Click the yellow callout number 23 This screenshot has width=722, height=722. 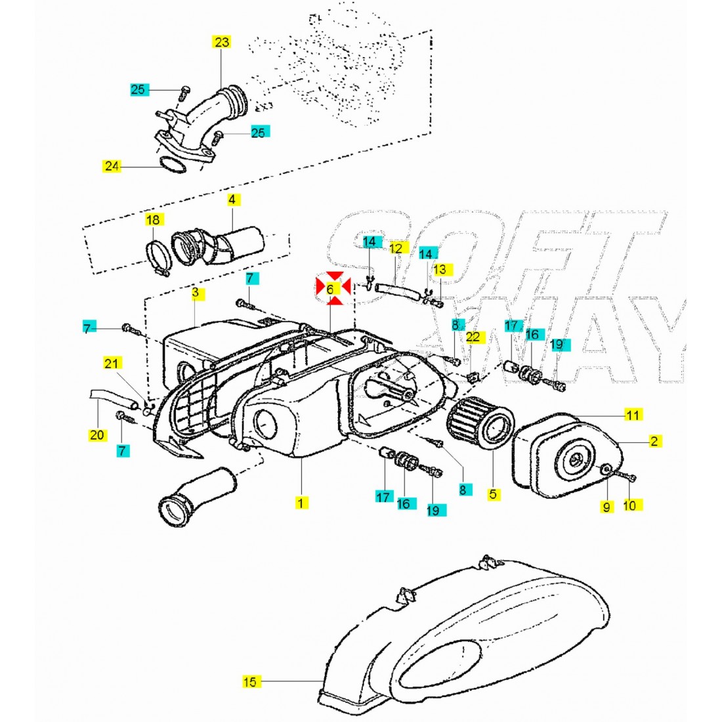(x=222, y=43)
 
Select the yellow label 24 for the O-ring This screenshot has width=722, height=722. (x=112, y=166)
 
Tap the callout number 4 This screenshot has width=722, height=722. (x=232, y=199)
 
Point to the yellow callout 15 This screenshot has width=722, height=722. (x=250, y=682)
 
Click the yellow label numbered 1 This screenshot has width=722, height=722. (x=300, y=503)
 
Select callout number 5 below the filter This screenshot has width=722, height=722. (x=492, y=494)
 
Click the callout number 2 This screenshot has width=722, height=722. (x=654, y=441)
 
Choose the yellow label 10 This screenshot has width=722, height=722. (x=629, y=505)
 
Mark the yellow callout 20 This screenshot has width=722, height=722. (x=97, y=434)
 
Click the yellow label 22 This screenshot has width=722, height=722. (x=473, y=337)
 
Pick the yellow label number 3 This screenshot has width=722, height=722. (x=195, y=293)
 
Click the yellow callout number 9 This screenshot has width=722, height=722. (x=606, y=506)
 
